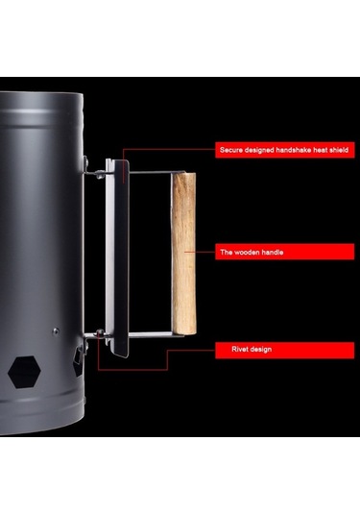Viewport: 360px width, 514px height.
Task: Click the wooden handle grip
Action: [x=184, y=253]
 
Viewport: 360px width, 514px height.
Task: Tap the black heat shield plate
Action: [x=121, y=258]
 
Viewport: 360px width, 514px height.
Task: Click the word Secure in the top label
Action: [x=231, y=150]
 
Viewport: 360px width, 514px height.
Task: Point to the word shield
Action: [x=338, y=150]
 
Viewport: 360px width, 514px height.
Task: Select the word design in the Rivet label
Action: [x=262, y=350]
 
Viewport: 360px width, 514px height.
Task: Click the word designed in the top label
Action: [x=259, y=151]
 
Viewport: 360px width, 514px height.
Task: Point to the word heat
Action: [x=320, y=150]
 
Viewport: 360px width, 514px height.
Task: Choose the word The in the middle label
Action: [x=226, y=252]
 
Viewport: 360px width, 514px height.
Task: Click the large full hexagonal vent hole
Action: [x=24, y=372]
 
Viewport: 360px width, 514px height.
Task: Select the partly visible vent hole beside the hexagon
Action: [x=78, y=360]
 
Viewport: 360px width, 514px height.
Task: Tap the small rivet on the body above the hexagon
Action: [x=56, y=331]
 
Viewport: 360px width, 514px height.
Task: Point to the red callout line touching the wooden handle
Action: [x=200, y=252]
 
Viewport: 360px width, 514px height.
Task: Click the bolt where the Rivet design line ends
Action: [x=100, y=333]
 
